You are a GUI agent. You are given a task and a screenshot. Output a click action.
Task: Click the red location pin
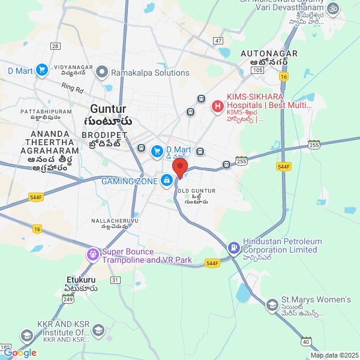click(180, 167)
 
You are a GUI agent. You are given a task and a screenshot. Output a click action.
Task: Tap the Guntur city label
click(108, 109)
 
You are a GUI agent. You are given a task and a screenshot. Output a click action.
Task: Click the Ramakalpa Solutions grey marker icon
click(101, 73)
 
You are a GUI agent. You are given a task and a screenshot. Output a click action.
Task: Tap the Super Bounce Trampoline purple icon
click(92, 256)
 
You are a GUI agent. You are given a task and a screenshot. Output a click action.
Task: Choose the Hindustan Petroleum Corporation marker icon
click(233, 246)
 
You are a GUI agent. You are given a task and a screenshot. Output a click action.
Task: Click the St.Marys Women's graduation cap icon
click(272, 305)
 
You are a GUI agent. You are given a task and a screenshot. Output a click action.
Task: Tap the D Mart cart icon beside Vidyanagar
click(41, 71)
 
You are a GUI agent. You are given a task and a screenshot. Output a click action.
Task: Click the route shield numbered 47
click(217, 41)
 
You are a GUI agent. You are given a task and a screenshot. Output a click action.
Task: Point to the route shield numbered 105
click(257, 70)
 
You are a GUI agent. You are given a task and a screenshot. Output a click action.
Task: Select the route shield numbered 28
click(55, 46)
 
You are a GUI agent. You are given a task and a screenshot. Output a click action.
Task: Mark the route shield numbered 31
click(115, 280)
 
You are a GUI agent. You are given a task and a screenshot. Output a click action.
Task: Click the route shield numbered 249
click(68, 299)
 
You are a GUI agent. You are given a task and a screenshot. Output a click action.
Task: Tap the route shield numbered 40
click(306, 342)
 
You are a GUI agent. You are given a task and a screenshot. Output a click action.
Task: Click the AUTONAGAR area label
click(269, 54)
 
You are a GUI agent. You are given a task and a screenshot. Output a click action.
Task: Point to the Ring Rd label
click(73, 87)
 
